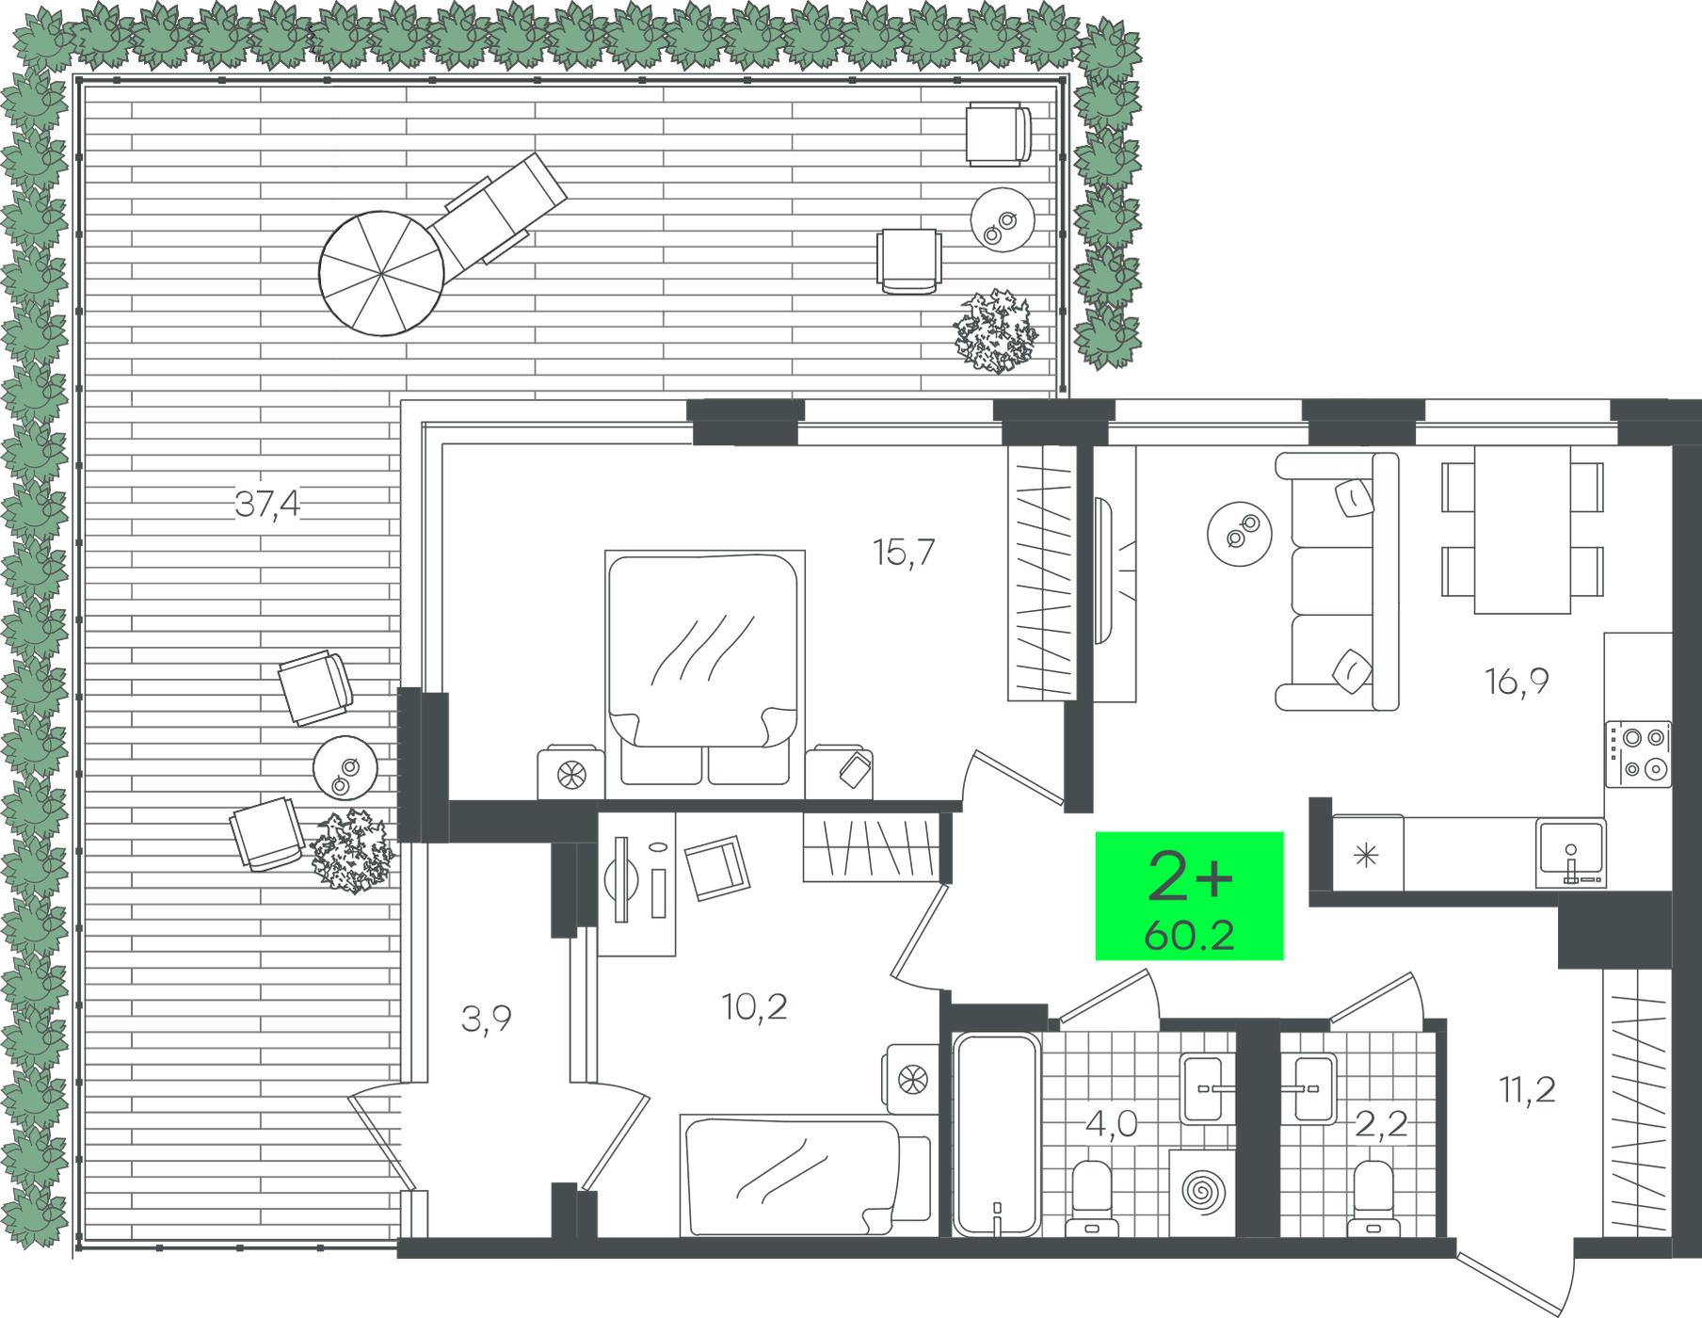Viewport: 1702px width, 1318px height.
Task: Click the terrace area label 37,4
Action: click(268, 506)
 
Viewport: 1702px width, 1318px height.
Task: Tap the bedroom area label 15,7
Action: click(904, 553)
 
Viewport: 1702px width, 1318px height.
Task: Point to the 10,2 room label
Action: click(755, 1007)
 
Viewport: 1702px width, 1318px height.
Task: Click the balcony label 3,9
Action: click(487, 1019)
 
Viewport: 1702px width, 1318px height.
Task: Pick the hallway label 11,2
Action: click(1528, 1090)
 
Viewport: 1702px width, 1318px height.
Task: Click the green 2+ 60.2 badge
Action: click(1190, 895)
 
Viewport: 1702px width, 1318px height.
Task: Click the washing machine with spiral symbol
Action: click(1200, 1191)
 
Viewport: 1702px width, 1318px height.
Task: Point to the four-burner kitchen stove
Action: click(1639, 753)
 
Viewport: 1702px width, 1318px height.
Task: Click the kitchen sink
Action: click(1569, 853)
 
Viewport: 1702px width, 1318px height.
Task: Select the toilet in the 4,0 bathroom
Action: click(1093, 1197)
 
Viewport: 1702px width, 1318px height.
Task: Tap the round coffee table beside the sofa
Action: click(1239, 532)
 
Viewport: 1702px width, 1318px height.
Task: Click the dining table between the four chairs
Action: click(1522, 529)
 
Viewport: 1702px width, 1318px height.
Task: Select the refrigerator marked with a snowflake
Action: click(1368, 854)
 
